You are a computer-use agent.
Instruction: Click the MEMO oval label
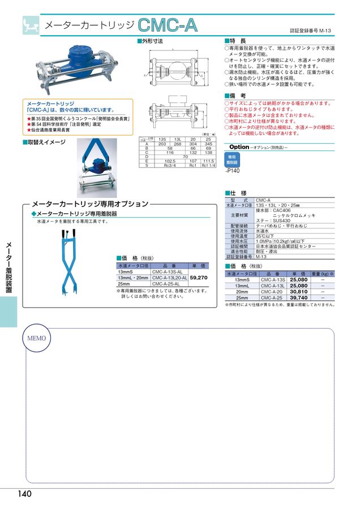[x=37, y=338]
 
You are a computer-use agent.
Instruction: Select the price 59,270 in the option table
[x=199, y=278]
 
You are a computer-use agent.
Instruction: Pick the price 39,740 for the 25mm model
[x=298, y=297]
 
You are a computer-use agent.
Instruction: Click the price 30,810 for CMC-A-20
[x=298, y=291]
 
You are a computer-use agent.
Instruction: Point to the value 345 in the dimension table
[x=208, y=144]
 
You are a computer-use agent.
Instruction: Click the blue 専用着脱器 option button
[x=232, y=160]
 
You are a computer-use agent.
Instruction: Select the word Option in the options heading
[x=239, y=146]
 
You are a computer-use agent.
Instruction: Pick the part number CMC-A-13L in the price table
[x=272, y=286]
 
